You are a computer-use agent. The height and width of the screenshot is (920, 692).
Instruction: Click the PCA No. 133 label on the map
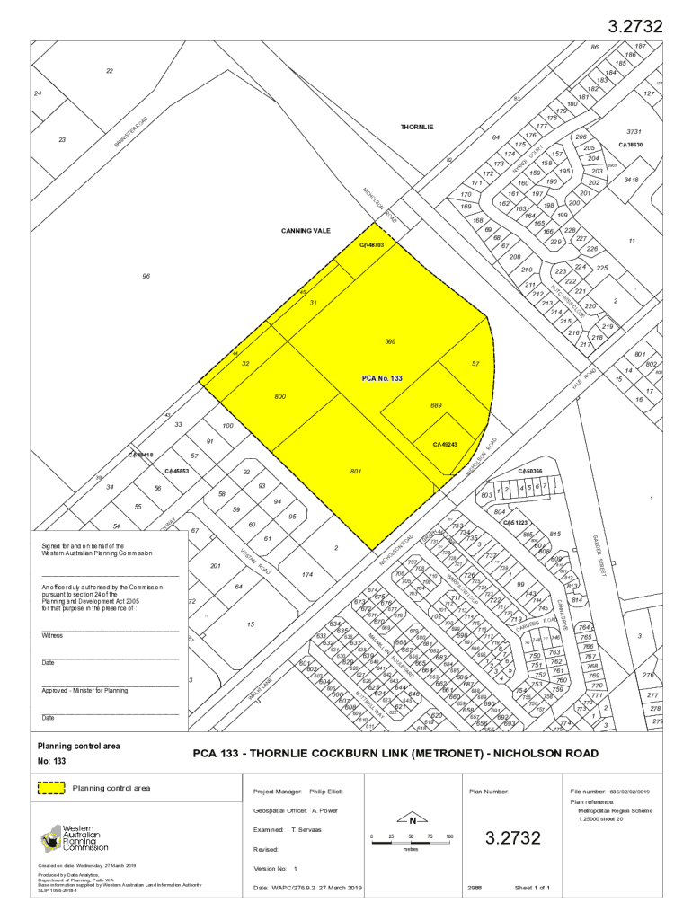[x=381, y=379]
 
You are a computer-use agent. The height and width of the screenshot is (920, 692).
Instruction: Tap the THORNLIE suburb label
[x=417, y=128]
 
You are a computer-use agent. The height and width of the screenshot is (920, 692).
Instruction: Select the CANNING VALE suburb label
[x=306, y=231]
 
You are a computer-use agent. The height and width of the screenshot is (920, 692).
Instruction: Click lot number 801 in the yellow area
[x=356, y=471]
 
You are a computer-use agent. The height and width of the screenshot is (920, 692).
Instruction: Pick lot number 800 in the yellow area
[x=280, y=396]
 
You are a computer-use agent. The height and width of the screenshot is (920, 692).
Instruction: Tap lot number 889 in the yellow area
[x=436, y=406]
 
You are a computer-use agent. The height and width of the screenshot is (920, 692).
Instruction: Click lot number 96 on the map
[x=146, y=276]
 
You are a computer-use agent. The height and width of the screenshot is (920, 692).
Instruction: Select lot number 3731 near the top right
[x=633, y=131]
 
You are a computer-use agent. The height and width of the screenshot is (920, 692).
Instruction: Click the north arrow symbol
[x=412, y=820]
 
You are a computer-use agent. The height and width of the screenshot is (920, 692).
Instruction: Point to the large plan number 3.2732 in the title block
[x=513, y=838]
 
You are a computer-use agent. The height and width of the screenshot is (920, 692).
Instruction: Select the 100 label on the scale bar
[x=449, y=836]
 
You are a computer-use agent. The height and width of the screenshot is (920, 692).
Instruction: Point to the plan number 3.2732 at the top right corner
[x=635, y=27]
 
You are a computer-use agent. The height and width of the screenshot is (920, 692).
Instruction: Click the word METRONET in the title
[x=439, y=753]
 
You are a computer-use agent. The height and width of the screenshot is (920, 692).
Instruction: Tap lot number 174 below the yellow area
[x=307, y=574]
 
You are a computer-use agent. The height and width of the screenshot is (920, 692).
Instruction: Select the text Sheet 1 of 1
[x=532, y=888]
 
